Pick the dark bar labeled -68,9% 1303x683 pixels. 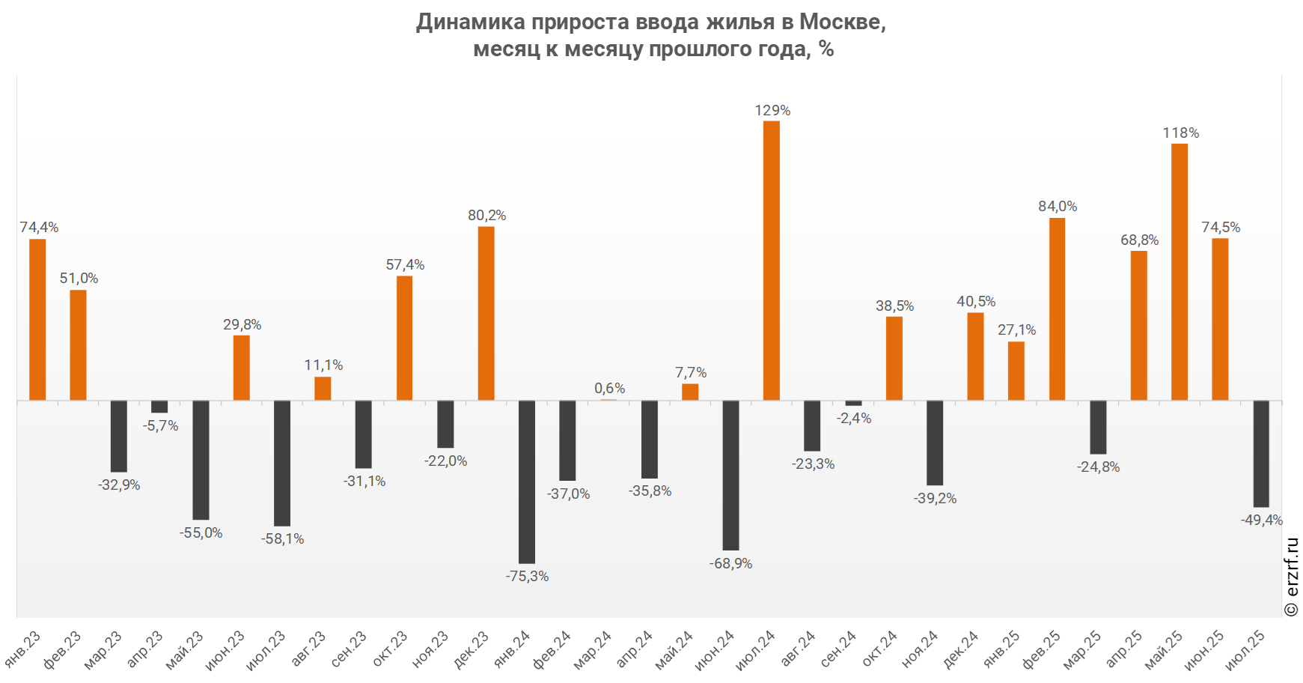pyautogui.click(x=730, y=475)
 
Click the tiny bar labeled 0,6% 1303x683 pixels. pyautogui.click(x=608, y=400)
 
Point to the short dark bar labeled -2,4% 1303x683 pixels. pyautogui.click(x=853, y=403)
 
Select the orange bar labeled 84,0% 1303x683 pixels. pyautogui.click(x=1057, y=309)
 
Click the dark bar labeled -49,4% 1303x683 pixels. pyautogui.click(x=1261, y=454)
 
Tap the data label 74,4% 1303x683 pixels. pyautogui.click(x=39, y=228)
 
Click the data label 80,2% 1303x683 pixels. pyautogui.click(x=486, y=216)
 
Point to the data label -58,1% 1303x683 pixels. pyautogui.click(x=282, y=539)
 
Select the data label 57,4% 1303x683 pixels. pyautogui.click(x=405, y=265)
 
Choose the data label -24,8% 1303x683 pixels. pyautogui.click(x=1098, y=467)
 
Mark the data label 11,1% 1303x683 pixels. pyautogui.click(x=323, y=365)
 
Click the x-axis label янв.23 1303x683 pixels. pyautogui.click(x=23, y=649)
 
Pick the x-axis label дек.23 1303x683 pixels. pyautogui.click(x=472, y=649)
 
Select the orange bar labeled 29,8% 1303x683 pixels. pyautogui.click(x=241, y=368)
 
